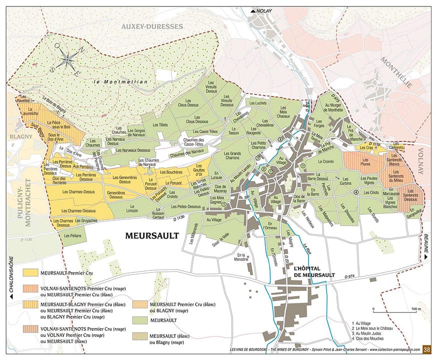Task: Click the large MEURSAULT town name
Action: (151, 234)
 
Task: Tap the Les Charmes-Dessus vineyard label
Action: (78, 190)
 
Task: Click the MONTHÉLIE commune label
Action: (397, 72)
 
